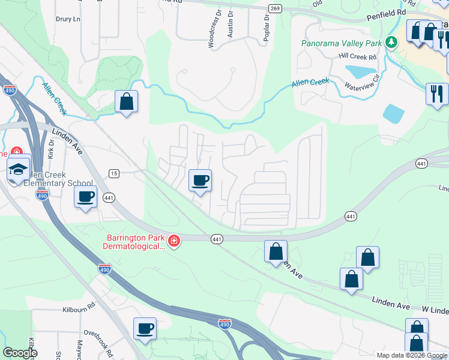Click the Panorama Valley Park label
coord(342,43)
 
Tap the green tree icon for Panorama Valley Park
coord(391,42)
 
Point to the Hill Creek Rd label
coord(357,56)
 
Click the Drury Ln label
coord(68,19)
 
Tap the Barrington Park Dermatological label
coord(132,242)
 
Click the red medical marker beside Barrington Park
coord(173,241)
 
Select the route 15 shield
coord(113,173)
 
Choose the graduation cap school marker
coord(19,169)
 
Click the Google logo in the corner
coord(20,353)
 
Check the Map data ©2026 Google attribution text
coord(412,355)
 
